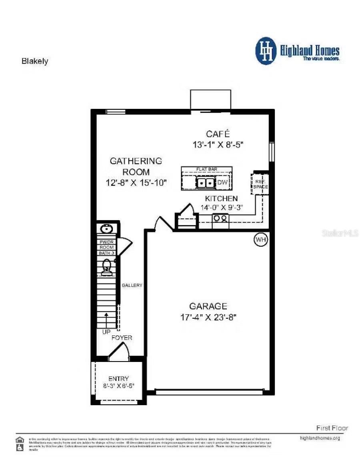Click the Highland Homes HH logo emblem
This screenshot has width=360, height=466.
click(266, 51)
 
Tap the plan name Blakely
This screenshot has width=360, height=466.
click(34, 61)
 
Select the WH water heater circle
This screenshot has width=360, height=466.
click(261, 239)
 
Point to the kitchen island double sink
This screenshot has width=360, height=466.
click(206, 183)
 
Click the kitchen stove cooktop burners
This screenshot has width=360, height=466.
click(220, 218)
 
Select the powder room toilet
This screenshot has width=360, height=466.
click(106, 267)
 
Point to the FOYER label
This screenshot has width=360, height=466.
click(122, 338)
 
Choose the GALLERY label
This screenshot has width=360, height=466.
click(132, 285)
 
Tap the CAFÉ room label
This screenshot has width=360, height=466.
click(218, 134)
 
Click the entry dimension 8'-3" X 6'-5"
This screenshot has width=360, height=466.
click(118, 386)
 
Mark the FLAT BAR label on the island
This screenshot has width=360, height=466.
click(206, 169)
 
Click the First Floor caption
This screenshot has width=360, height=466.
click(332, 428)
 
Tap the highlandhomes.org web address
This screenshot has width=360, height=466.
click(320, 438)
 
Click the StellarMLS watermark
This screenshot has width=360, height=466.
click(340, 233)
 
